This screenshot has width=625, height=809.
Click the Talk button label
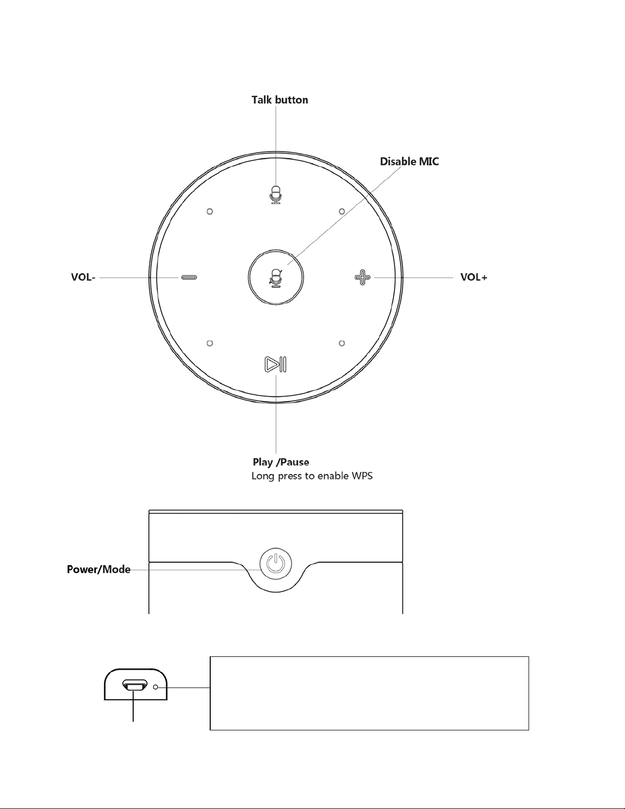pos(280,100)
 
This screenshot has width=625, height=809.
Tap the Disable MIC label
pos(409,162)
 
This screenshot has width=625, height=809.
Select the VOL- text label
pos(83,277)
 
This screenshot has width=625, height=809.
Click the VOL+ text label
pos(473,277)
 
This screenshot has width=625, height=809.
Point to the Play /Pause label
pos(281,462)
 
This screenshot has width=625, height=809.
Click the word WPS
pos(362,476)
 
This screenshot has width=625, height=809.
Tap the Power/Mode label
pos(98,570)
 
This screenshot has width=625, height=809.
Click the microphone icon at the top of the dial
pos(276,194)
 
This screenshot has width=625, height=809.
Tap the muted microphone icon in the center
pos(276,278)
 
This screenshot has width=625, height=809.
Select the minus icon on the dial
pos(189,277)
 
